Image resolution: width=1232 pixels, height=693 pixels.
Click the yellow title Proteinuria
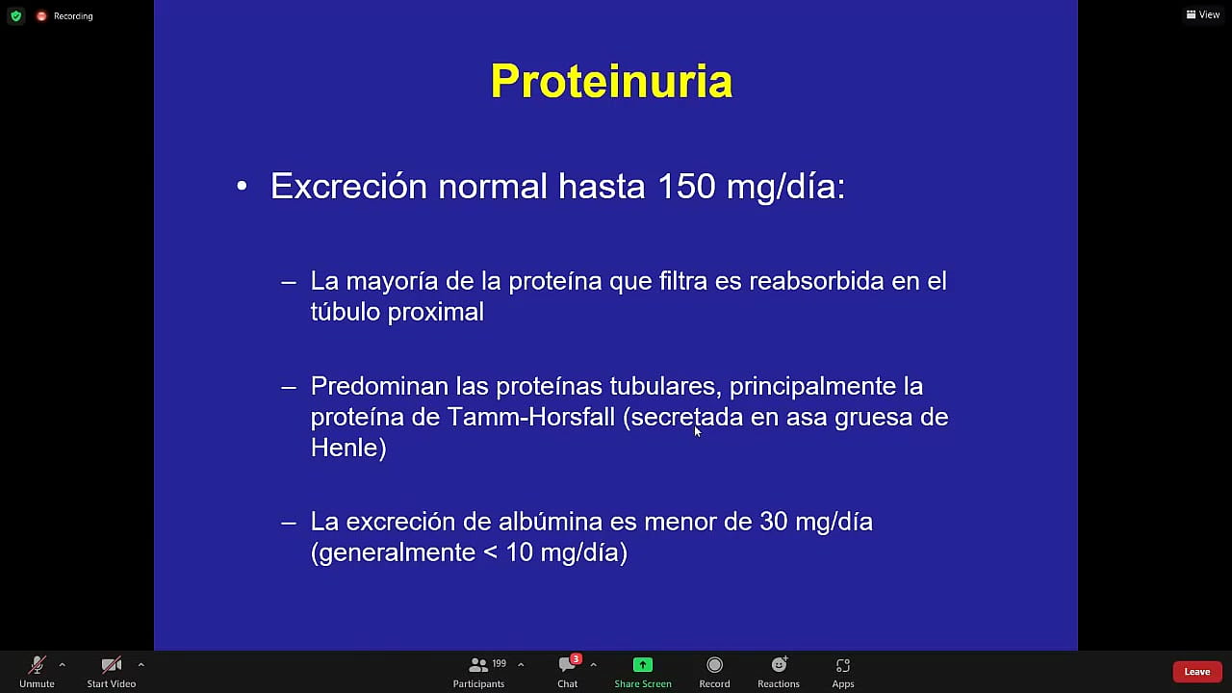[x=611, y=81]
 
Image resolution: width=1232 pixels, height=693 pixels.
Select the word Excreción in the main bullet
[x=348, y=186]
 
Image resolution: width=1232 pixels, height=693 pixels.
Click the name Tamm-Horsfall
[x=531, y=417]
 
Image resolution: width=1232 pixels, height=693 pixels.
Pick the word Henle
[x=345, y=448]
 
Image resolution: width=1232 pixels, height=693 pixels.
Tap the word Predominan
[x=379, y=386]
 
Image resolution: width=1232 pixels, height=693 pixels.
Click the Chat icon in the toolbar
[x=567, y=665]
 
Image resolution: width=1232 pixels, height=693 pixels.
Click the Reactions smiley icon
[x=779, y=665]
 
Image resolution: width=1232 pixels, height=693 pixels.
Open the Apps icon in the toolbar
[x=842, y=665]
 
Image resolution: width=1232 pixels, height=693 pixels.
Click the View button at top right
[x=1203, y=14]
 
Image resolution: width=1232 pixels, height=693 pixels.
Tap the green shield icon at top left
[x=15, y=15]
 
